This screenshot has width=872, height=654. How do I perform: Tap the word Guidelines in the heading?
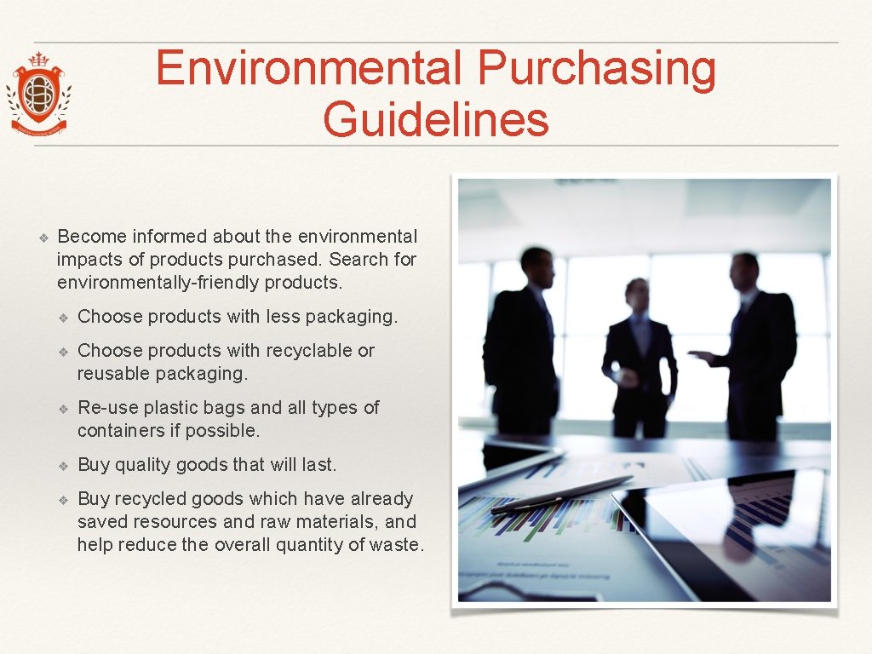436,119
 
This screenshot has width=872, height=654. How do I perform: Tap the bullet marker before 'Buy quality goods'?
63,465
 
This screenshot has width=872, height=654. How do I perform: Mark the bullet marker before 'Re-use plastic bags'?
63,408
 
